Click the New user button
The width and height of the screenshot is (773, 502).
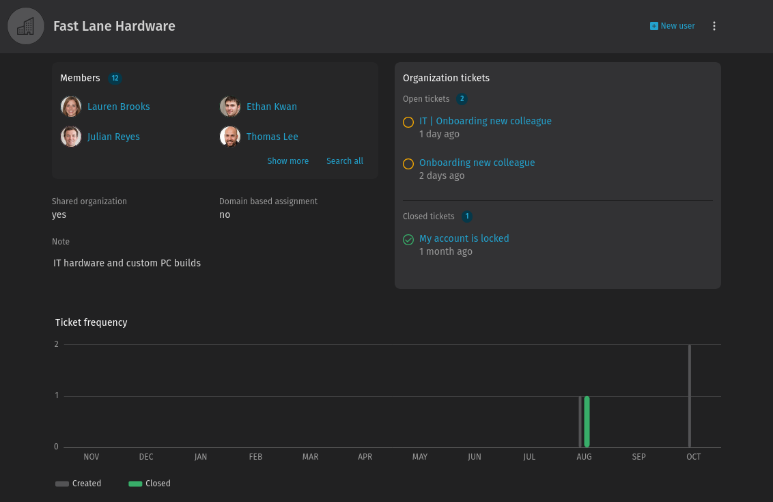673,26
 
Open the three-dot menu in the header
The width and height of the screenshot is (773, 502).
714,26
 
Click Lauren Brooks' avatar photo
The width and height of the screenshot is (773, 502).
71,107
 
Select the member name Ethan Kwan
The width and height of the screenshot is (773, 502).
272,107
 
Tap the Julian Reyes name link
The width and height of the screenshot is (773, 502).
113,137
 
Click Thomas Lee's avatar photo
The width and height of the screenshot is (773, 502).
229,137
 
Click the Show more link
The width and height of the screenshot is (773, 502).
288,161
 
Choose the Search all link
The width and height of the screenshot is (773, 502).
345,161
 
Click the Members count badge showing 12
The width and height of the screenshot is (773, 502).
115,79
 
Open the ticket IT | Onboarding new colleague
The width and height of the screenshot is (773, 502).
485,121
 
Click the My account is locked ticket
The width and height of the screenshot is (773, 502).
464,238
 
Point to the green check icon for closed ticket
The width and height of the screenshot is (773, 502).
408,240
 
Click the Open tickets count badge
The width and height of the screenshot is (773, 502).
462,99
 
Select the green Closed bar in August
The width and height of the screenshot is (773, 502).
587,421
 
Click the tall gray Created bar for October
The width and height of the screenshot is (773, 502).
689,396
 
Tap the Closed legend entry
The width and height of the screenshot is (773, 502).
150,484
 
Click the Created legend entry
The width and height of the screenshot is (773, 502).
79,484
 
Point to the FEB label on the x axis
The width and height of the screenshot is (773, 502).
255,457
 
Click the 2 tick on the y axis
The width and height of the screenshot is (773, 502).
56,344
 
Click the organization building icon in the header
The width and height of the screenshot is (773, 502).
26,26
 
